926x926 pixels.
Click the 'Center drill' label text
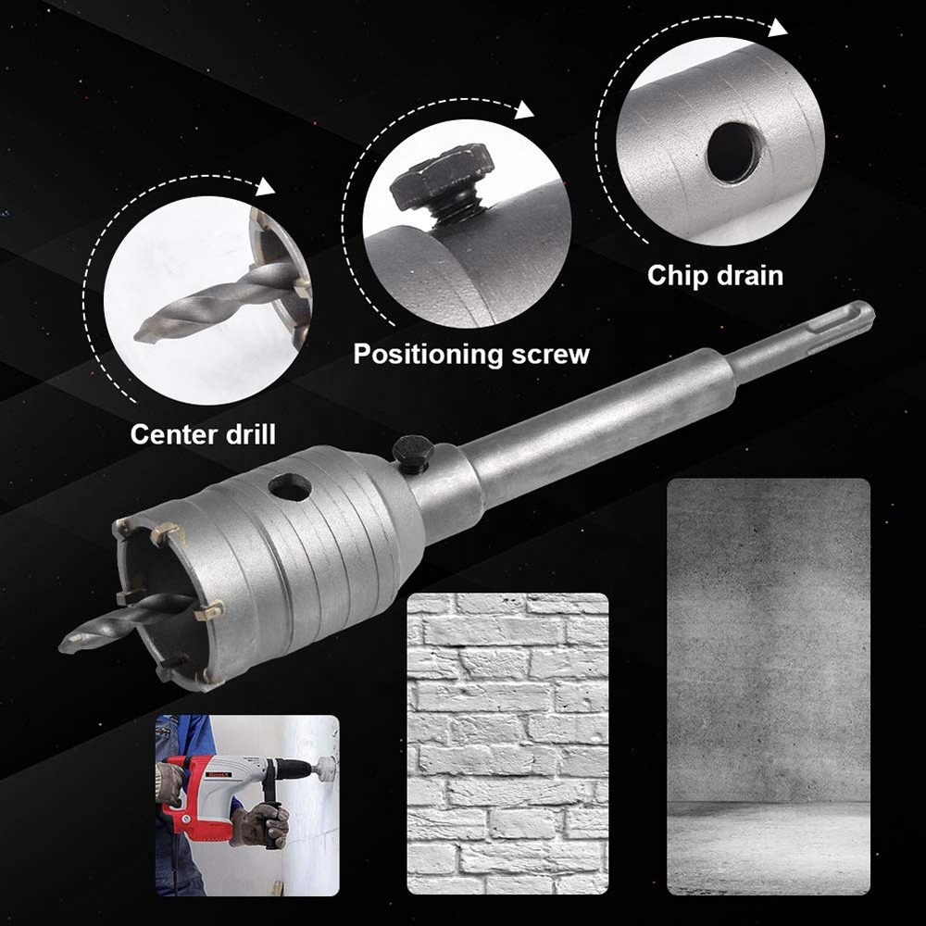202,433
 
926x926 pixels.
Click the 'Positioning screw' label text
471,354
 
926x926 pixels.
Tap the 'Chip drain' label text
715,275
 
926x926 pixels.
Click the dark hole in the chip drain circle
733,151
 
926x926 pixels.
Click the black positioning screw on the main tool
413,451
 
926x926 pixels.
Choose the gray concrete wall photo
768,686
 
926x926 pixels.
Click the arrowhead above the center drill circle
268,188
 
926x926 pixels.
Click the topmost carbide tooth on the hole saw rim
164,532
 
